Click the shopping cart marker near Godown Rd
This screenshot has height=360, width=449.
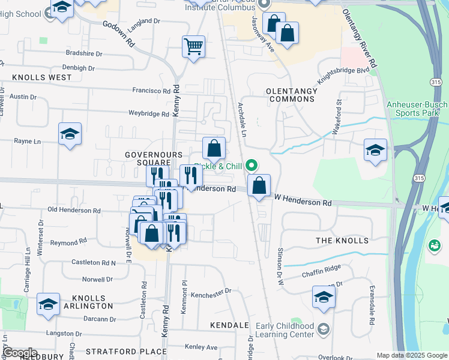[193, 47]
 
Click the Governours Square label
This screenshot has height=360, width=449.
[153, 159]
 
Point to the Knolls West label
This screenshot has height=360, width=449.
[41, 77]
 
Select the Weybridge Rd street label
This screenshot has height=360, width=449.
[148, 113]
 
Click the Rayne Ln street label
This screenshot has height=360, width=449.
[27, 142]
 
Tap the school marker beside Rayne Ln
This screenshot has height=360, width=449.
[70, 135]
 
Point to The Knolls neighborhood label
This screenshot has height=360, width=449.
[342, 241]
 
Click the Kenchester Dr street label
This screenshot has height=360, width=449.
[211, 291]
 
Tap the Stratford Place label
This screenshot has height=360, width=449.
[126, 352]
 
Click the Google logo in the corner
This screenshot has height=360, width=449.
[19, 353]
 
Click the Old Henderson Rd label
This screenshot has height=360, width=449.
[74, 210]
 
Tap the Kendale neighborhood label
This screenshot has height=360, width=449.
[229, 325]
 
